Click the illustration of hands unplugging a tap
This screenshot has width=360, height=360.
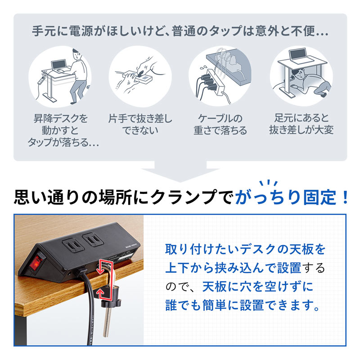pos(139,76)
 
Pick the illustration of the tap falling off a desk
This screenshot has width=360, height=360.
pos(220,76)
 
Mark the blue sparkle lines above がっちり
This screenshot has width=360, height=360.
pos(268,184)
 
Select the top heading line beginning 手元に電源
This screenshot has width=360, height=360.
pos(180,33)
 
